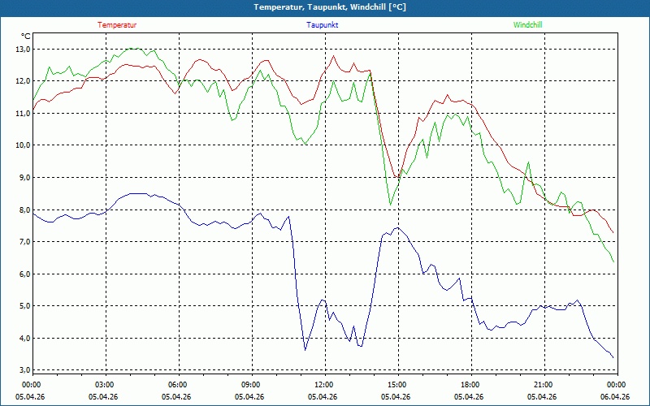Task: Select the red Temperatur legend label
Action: click(x=117, y=25)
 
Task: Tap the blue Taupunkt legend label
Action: click(x=323, y=25)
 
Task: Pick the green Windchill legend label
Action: click(x=527, y=25)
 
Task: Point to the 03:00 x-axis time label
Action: click(x=105, y=384)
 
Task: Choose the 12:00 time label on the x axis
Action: click(x=323, y=384)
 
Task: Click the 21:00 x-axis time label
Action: click(x=543, y=384)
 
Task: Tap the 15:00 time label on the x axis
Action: click(x=396, y=384)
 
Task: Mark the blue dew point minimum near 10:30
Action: click(x=305, y=350)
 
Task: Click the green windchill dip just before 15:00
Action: click(x=391, y=205)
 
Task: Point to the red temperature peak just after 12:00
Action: click(x=333, y=55)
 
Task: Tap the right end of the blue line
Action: click(x=613, y=357)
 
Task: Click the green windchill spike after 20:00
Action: click(x=528, y=162)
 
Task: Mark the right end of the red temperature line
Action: click(x=613, y=234)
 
